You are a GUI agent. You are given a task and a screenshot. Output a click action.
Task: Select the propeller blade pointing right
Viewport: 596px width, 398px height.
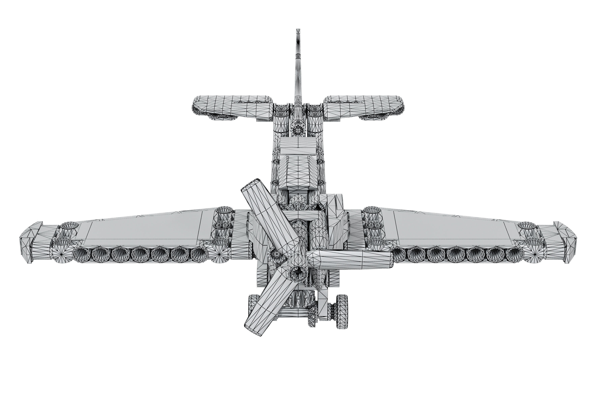355,259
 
